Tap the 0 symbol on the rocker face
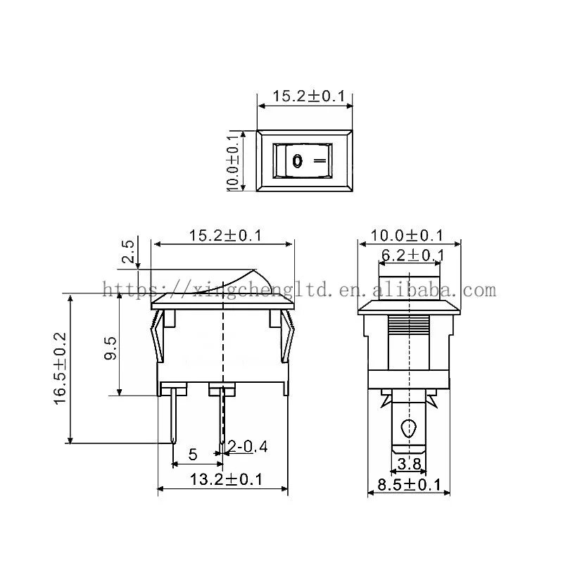pos(297,161)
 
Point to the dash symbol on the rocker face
pos(320,160)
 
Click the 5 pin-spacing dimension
pos(192,455)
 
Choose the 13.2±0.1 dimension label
pos(226,480)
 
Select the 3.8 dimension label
pos(409,464)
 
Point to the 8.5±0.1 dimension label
pos(409,484)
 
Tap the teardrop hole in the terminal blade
pos(408,428)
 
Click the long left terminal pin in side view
pos(173,418)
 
